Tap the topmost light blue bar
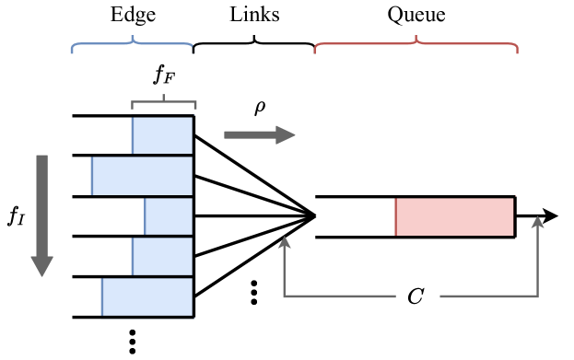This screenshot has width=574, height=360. coord(162,134)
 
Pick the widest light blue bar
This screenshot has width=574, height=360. coord(142,176)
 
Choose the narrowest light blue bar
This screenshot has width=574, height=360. coord(169,216)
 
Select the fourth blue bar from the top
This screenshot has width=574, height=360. coord(162,256)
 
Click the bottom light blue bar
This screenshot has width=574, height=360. coord(147,297)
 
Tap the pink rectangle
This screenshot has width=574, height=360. coord(454,216)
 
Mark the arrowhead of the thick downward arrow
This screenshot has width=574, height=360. coord(41,266)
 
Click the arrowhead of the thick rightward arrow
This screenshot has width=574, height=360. coord(286,135)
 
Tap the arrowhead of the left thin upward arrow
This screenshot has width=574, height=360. coord(285,242)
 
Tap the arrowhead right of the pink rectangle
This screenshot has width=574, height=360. coord(538,223)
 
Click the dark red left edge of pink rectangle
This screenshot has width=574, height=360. coord(396,216)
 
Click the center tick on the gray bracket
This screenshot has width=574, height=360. coord(163,97)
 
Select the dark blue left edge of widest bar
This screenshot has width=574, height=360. coord(92,176)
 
